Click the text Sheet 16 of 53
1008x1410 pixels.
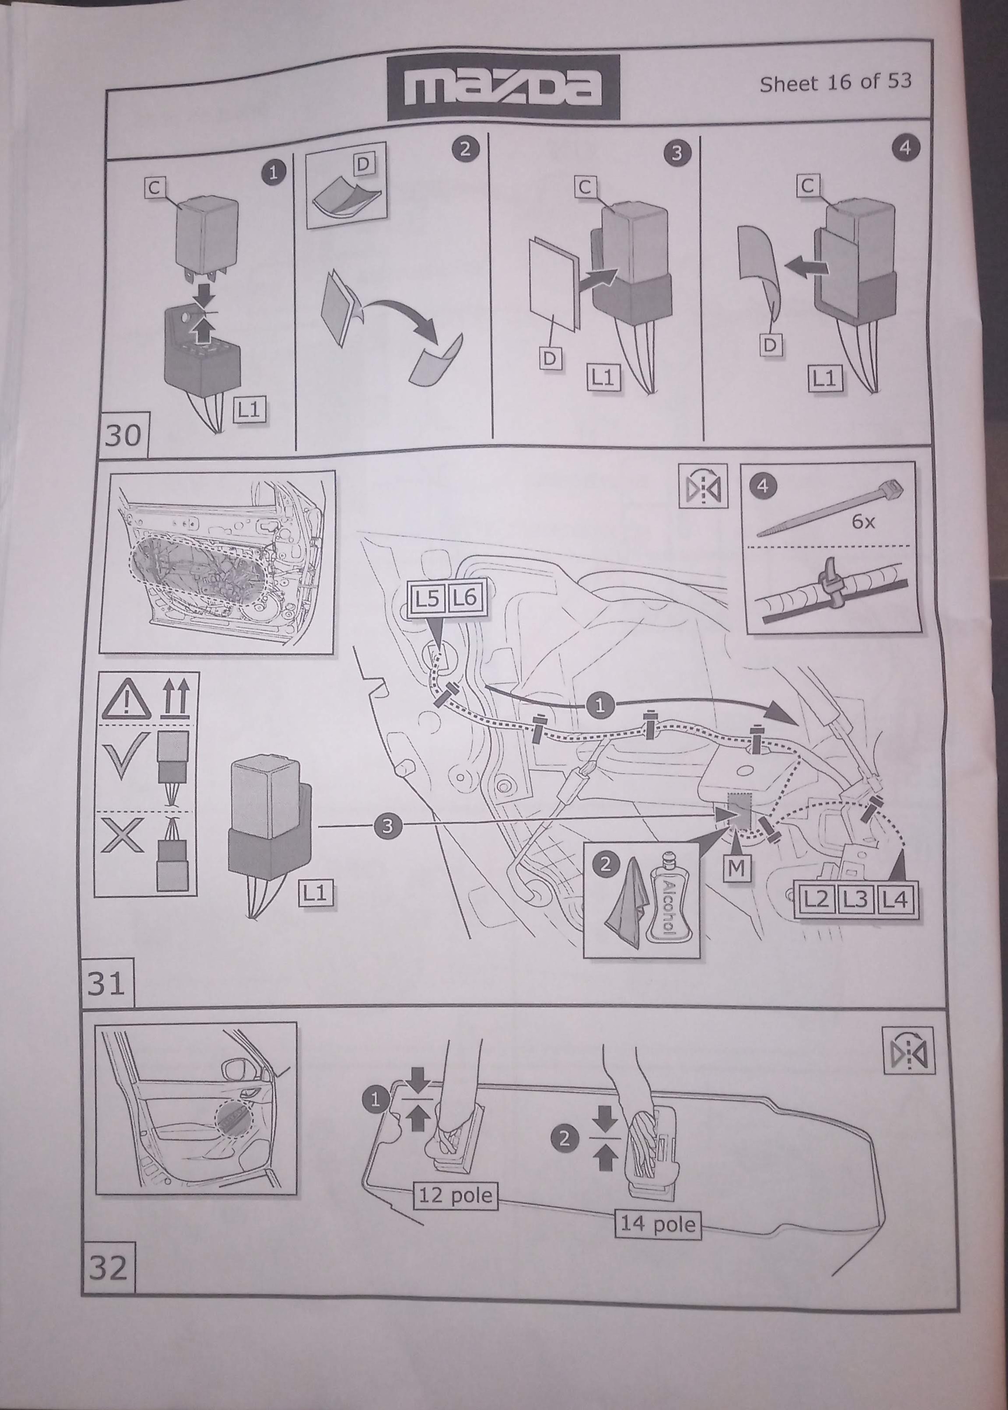point(835,83)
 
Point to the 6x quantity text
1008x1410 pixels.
point(863,522)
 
